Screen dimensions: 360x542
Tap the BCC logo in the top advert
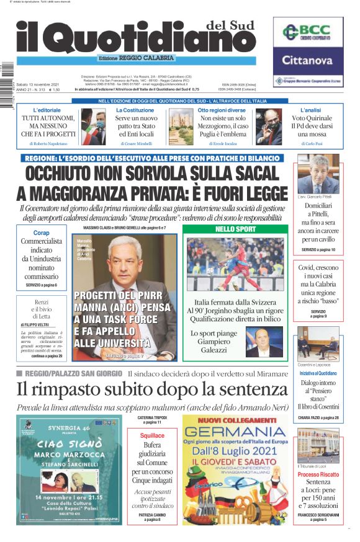click(x=312, y=32)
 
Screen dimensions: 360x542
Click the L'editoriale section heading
click(x=47, y=110)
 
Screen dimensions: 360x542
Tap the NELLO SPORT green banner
click(x=235, y=229)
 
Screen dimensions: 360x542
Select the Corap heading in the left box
click(x=42, y=232)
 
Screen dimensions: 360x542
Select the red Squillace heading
click(x=152, y=436)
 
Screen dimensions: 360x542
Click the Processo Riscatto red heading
click(x=318, y=474)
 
